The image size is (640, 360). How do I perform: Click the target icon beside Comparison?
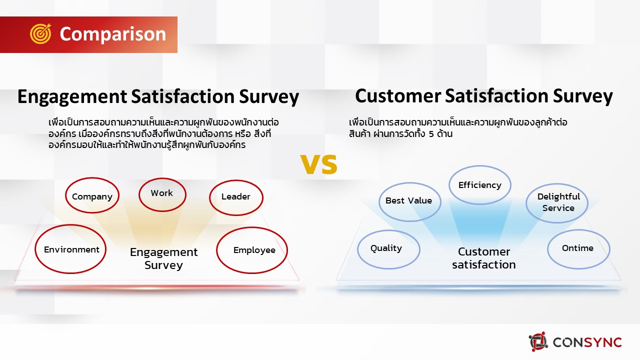pyautogui.click(x=40, y=34)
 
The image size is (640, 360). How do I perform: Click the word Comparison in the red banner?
pyautogui.click(x=112, y=34)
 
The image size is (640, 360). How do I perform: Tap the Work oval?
pyautogui.click(x=162, y=193)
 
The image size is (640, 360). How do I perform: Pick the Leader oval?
pyautogui.click(x=235, y=196)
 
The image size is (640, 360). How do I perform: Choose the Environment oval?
pyautogui.click(x=71, y=249)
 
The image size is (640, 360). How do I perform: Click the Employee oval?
pyautogui.click(x=252, y=250)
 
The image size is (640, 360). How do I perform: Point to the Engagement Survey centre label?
pyautogui.click(x=163, y=258)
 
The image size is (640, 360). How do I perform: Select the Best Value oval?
pyautogui.click(x=409, y=200)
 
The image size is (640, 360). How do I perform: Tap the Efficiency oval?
pyautogui.click(x=479, y=185)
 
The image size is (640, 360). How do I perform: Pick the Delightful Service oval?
pyautogui.click(x=558, y=202)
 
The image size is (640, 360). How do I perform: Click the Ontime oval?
pyautogui.click(x=578, y=248)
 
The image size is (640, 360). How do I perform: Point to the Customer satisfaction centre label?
pyautogui.click(x=483, y=258)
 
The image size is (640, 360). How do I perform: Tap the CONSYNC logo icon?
pyautogui.click(x=538, y=342)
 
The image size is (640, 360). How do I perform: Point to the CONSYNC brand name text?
pyautogui.click(x=587, y=342)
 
